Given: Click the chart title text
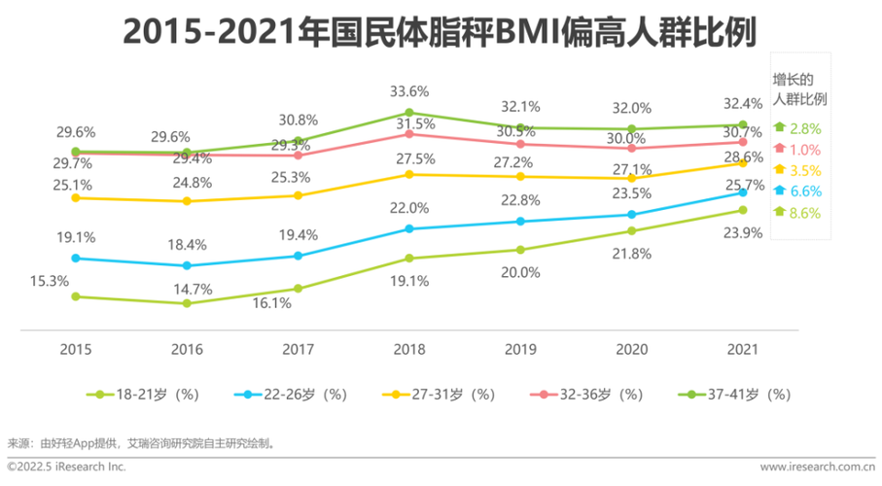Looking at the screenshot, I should (441, 33).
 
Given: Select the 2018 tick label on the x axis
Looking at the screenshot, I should (409, 348).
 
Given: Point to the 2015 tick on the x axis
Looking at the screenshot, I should (75, 348).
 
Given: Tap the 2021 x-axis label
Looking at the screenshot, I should (743, 348).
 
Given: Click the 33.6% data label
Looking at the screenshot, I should (409, 91).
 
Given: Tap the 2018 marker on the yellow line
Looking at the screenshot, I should (409, 174).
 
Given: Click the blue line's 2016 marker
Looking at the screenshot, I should (186, 265).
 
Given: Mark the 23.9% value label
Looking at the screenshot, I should (743, 232).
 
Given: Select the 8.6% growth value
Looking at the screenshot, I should (806, 213).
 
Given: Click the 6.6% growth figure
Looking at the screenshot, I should (806, 191).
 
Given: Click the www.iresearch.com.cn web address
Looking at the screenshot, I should (814, 468).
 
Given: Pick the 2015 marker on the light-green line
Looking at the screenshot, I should (75, 296).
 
